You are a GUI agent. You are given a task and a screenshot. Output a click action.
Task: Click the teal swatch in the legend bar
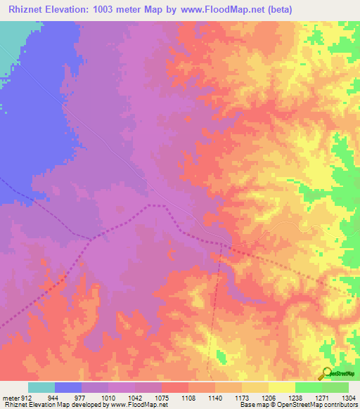[41, 387]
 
